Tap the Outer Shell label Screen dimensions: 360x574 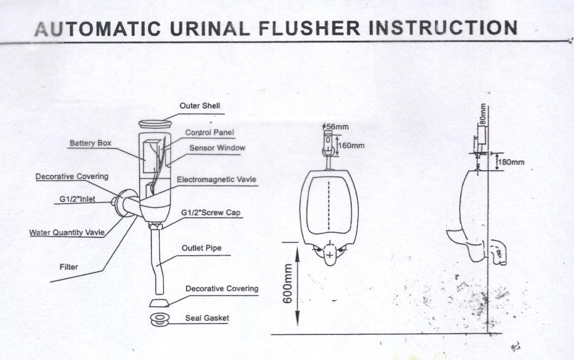point(195,105)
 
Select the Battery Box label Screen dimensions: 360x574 point(90,143)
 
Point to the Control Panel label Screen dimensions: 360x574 point(210,133)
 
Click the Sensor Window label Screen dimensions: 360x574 point(217,148)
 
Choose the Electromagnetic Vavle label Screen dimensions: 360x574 point(217,180)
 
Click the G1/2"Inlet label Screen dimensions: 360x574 point(78,198)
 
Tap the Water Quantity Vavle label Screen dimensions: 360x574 point(66,233)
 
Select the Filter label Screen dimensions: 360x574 point(69,267)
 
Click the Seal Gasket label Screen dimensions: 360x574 point(207,318)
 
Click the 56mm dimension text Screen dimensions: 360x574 point(337,127)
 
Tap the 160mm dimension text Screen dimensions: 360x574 point(352,146)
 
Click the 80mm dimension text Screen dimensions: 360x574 point(484,115)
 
